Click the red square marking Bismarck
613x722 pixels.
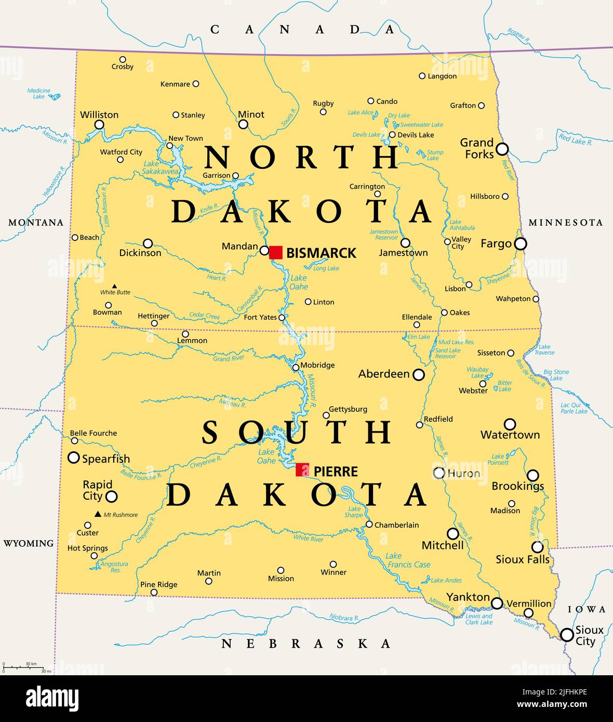point(276,252)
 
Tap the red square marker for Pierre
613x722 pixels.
point(302,470)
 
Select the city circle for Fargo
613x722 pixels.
point(521,244)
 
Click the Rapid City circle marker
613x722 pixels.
point(112,496)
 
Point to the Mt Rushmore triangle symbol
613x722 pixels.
point(98,514)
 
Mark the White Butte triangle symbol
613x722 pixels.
point(115,286)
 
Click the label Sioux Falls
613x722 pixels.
point(522,559)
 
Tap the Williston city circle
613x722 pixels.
point(99,125)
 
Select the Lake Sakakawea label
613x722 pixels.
point(161,167)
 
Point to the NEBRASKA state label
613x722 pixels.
point(306,644)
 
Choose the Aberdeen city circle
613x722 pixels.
point(419,375)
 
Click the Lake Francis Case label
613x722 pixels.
point(408,560)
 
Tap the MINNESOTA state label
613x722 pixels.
point(566,222)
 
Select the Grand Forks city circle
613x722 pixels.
point(502,150)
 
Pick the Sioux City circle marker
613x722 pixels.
point(567,635)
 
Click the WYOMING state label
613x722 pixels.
point(29,543)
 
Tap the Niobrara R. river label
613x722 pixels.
point(344,618)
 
